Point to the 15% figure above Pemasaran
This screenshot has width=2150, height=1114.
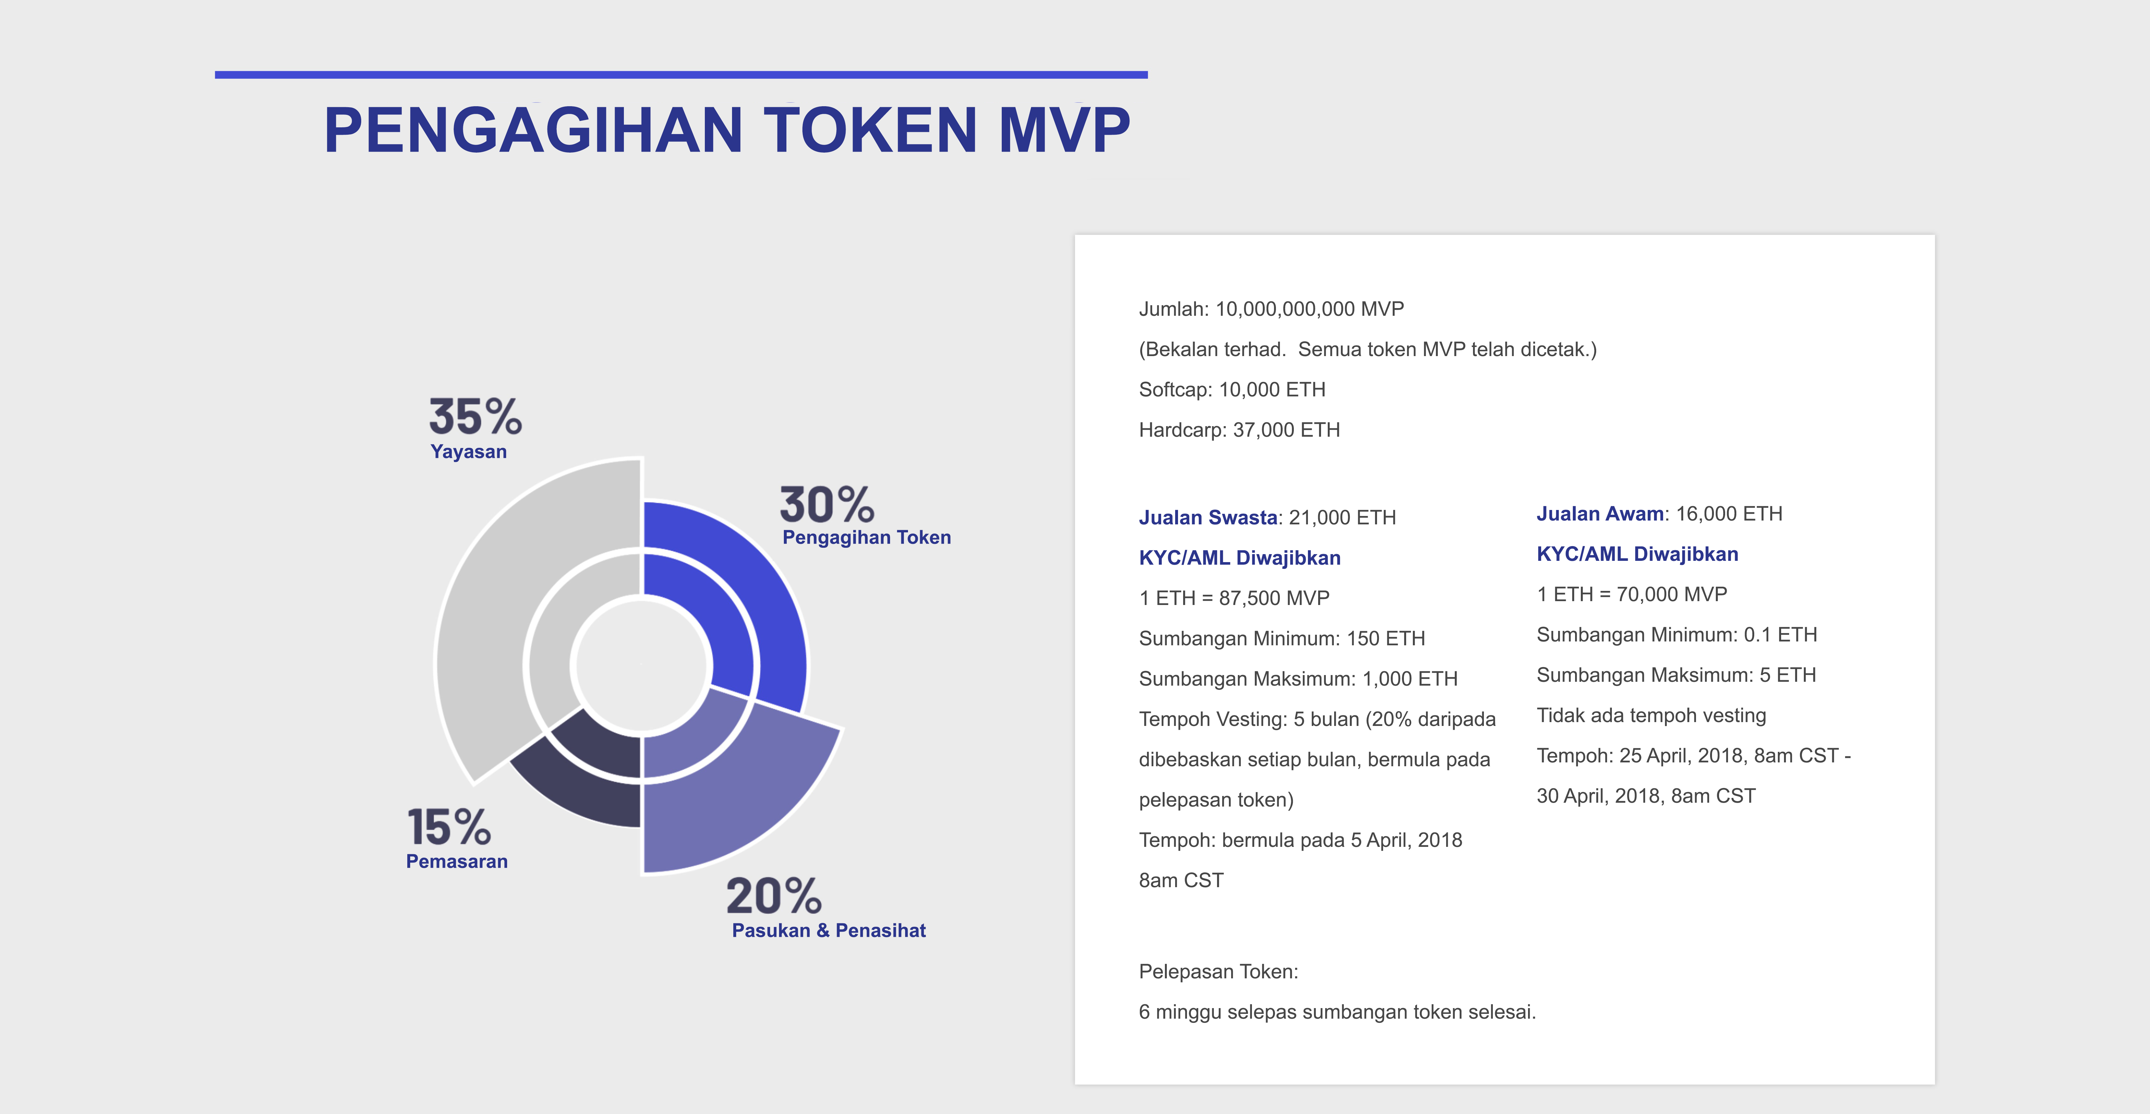point(449,827)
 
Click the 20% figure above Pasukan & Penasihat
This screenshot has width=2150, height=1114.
point(774,896)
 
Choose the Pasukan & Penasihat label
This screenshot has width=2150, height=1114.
point(829,930)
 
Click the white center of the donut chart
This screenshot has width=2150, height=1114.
point(642,665)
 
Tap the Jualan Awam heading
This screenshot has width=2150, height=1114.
point(1600,514)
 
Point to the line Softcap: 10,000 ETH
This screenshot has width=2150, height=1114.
point(1232,390)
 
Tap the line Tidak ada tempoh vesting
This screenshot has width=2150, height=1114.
point(1652,716)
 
